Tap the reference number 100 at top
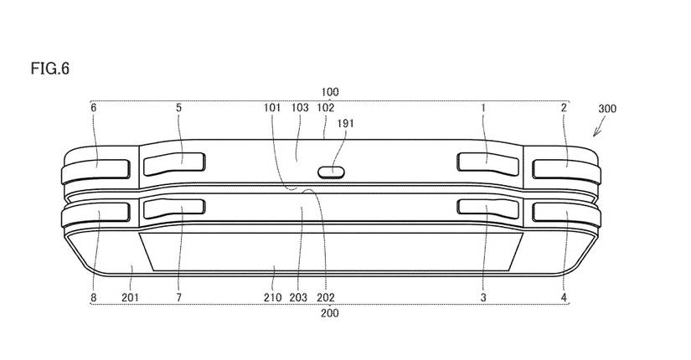point(329,91)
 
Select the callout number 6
point(94,108)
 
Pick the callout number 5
point(178,108)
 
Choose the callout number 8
point(93,296)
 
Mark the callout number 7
point(178,296)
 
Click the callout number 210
point(273,296)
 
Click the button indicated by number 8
point(97,215)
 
